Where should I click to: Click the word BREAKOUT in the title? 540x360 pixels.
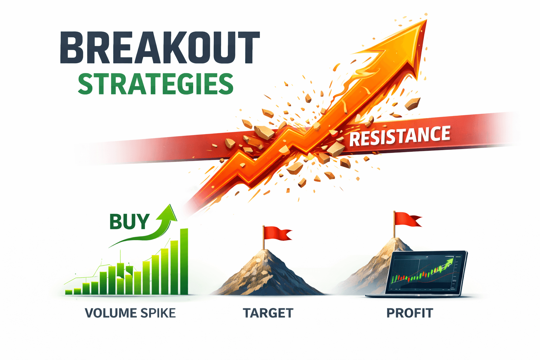(160, 47)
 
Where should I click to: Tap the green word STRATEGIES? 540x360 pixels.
(155, 84)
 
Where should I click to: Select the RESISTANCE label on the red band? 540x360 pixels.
(400, 136)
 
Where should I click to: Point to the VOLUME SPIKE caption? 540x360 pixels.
(130, 313)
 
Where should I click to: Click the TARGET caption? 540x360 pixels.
(268, 313)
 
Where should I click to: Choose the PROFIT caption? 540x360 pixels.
(410, 313)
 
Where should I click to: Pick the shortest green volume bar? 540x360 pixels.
(69, 292)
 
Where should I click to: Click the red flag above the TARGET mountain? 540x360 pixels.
(278, 233)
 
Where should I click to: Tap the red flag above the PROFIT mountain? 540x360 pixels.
(408, 219)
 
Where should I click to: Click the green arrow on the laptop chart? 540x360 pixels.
(448, 264)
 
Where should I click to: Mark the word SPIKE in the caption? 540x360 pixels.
(158, 313)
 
